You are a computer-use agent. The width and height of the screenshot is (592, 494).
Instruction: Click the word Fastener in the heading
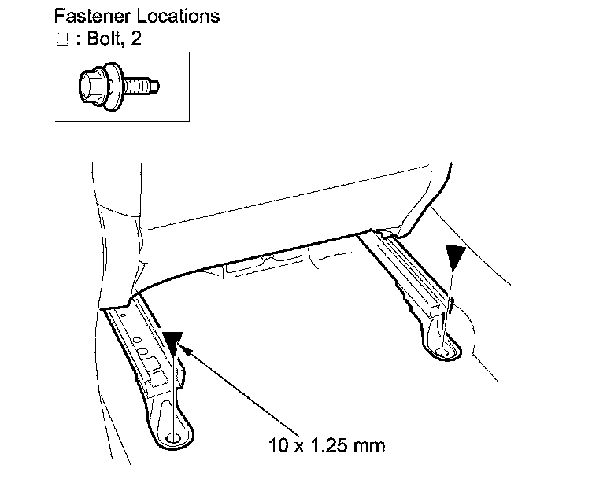coord(86,15)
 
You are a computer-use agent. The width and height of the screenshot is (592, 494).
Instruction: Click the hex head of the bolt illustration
coord(92,81)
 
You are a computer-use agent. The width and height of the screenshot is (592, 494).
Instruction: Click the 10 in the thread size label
coord(274,448)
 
